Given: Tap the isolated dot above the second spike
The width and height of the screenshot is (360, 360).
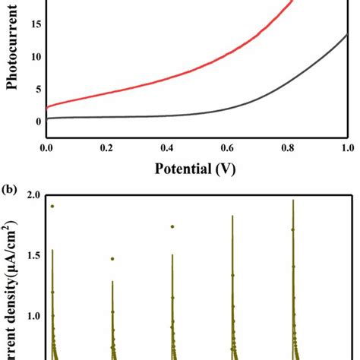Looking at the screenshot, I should click(x=112, y=259).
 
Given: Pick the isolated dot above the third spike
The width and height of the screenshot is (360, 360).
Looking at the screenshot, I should click(x=172, y=226).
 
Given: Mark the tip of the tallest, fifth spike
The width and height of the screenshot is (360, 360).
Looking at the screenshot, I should click(x=292, y=201).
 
